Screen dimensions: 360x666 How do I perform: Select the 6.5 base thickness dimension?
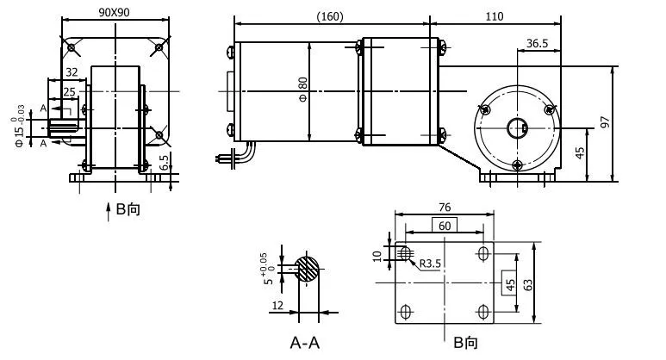[165, 162]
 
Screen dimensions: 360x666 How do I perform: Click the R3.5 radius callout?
[432, 264]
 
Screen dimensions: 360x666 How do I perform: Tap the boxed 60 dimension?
[444, 225]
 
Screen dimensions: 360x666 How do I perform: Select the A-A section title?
[304, 343]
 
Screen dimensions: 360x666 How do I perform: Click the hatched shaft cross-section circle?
[307, 268]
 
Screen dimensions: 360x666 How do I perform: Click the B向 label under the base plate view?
[466, 343]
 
